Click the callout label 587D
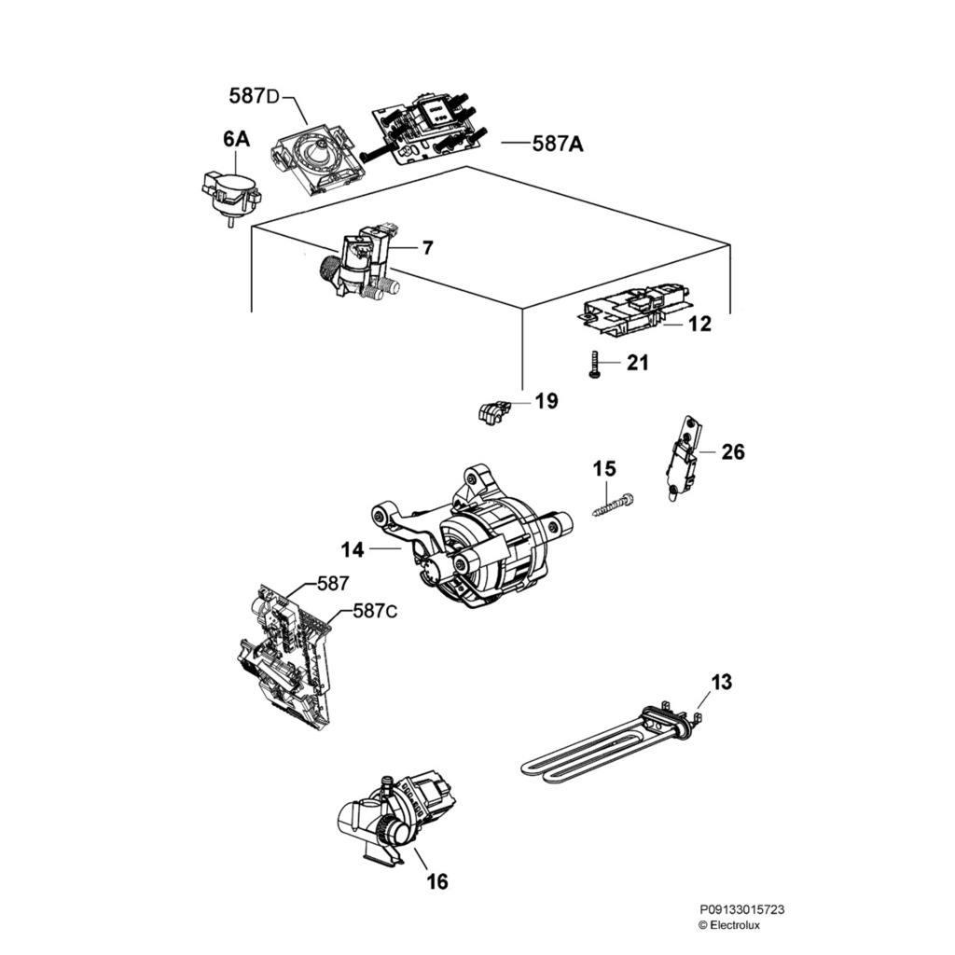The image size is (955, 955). click(254, 96)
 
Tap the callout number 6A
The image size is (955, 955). click(236, 140)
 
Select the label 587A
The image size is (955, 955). click(558, 144)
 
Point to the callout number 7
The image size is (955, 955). click(427, 248)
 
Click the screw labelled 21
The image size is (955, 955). click(593, 364)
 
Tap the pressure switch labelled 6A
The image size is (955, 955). click(230, 191)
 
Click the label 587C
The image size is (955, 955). click(376, 612)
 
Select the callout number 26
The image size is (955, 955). click(733, 452)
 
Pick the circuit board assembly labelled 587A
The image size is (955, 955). click(424, 129)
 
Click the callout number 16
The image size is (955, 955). click(437, 880)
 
